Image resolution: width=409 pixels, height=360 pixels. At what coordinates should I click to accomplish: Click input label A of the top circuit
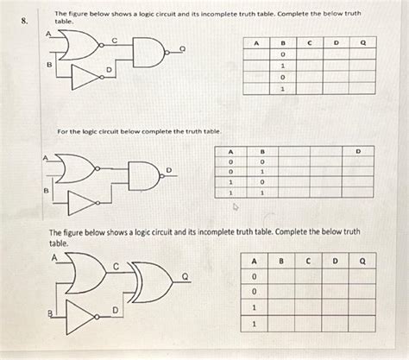pyautogui.click(x=48, y=33)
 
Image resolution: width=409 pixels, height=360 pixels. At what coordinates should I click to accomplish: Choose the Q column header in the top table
pyautogui.click(x=362, y=41)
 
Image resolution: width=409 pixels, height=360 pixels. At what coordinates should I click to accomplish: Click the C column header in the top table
pyautogui.click(x=309, y=41)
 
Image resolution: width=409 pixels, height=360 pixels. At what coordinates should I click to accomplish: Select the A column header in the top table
pyautogui.click(x=256, y=41)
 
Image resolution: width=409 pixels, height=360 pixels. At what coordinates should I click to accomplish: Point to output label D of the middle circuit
pyautogui.click(x=168, y=169)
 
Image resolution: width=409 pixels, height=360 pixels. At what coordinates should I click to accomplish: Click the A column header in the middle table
pyautogui.click(x=230, y=152)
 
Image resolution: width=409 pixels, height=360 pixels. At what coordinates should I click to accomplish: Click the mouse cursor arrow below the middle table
pyautogui.click(x=231, y=207)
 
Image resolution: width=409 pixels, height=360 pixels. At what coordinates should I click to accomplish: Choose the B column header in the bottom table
pyautogui.click(x=280, y=259)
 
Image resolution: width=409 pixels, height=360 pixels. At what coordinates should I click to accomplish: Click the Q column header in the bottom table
pyautogui.click(x=362, y=259)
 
